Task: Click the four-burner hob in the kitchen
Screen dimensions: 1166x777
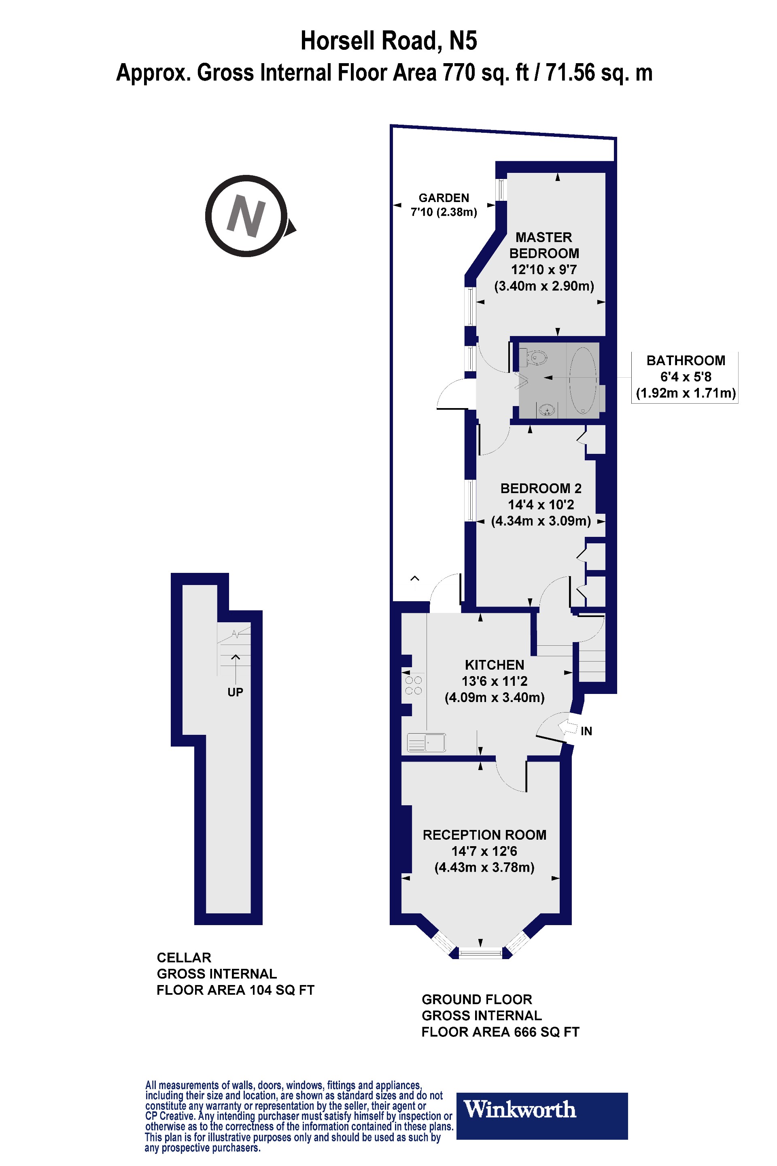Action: [413, 685]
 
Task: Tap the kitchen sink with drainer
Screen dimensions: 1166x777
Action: [426, 743]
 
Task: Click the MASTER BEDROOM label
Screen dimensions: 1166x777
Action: [543, 245]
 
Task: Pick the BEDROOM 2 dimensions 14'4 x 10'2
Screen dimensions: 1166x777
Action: [541, 505]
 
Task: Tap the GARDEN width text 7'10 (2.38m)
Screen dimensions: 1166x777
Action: [444, 212]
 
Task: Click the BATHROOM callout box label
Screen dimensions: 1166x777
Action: [685, 361]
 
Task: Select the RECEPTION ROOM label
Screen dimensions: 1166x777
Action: [484, 835]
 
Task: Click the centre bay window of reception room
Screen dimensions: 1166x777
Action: [480, 952]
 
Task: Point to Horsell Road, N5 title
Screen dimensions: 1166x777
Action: [388, 40]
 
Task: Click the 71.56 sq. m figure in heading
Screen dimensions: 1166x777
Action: [599, 73]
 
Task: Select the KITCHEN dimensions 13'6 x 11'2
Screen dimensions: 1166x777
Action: [494, 681]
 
